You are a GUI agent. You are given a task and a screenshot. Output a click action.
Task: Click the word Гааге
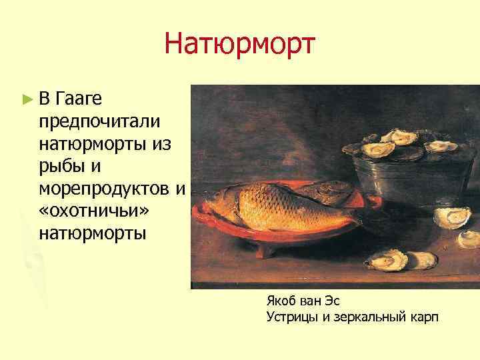click(x=79, y=100)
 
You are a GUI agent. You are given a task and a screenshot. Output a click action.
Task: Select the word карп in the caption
click(x=422, y=317)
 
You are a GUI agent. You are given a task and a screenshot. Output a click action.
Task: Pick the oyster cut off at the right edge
click(x=471, y=239)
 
